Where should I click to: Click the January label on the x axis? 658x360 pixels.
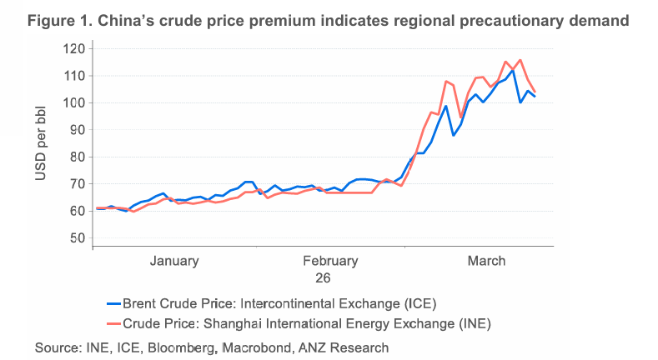tap(174, 261)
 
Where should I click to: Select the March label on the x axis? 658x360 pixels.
tap(486, 261)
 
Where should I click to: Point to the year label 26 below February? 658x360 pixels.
tap(323, 277)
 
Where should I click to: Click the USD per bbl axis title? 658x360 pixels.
tap(42, 143)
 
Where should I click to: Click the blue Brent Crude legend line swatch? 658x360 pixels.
tap(115, 302)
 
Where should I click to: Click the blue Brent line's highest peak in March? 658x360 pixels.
tap(513, 71)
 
